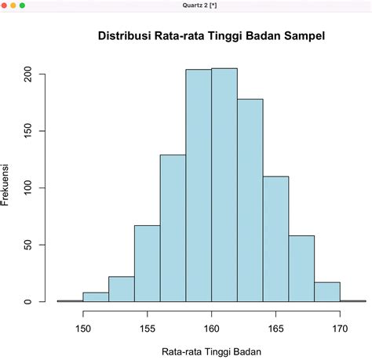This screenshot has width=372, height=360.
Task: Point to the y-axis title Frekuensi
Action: pyautogui.click(x=6, y=186)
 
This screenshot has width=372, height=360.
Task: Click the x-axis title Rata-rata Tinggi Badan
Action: pyautogui.click(x=210, y=352)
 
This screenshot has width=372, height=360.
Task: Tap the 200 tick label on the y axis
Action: pyautogui.click(x=27, y=75)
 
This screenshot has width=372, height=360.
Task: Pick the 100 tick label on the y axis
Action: pyautogui.click(x=27, y=188)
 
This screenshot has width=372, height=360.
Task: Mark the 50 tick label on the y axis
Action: pyautogui.click(x=27, y=245)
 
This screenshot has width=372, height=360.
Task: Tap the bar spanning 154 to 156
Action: pyautogui.click(x=147, y=264)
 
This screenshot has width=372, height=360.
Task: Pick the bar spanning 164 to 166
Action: pyautogui.click(x=275, y=239)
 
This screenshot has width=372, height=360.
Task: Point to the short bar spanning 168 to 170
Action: pyautogui.click(x=327, y=292)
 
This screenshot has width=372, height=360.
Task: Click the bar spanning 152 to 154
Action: pyautogui.click(x=122, y=289)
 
